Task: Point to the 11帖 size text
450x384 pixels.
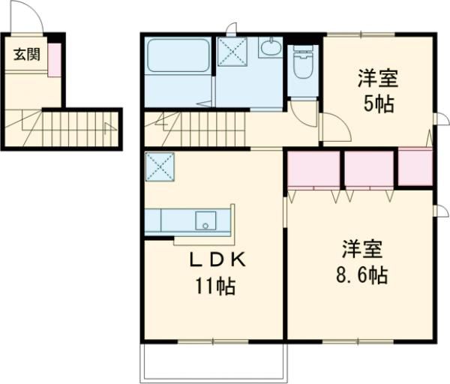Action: (214, 286)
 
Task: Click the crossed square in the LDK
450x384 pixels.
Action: (160, 165)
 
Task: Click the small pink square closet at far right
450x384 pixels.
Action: (415, 167)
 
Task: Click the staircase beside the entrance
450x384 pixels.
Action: (71, 128)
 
